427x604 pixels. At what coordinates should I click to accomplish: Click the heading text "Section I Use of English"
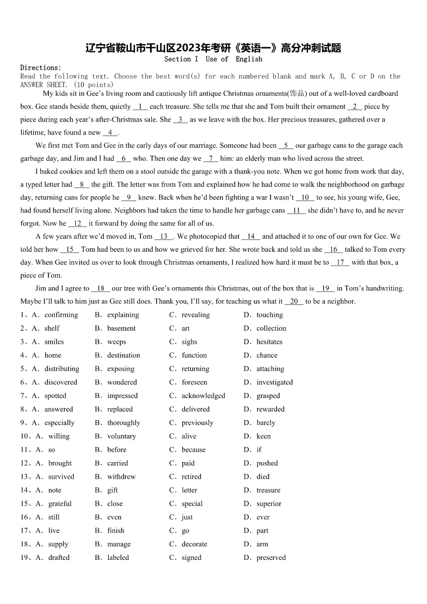(x=213, y=59)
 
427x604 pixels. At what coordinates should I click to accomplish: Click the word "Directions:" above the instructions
(x=41, y=68)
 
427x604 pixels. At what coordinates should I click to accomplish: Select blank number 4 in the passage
(x=110, y=133)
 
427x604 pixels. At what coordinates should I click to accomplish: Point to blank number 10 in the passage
(x=305, y=198)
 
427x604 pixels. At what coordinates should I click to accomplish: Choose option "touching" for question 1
(x=269, y=315)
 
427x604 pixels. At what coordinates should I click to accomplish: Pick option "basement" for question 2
(x=121, y=329)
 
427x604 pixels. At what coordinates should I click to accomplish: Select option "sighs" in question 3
(x=189, y=342)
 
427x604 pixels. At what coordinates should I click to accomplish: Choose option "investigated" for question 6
(x=274, y=382)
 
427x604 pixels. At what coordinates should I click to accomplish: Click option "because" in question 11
(x=193, y=450)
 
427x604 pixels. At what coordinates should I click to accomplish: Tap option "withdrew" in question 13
(x=121, y=477)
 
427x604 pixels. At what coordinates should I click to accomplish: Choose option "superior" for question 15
(x=269, y=504)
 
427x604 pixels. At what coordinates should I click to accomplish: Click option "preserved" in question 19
(x=271, y=558)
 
